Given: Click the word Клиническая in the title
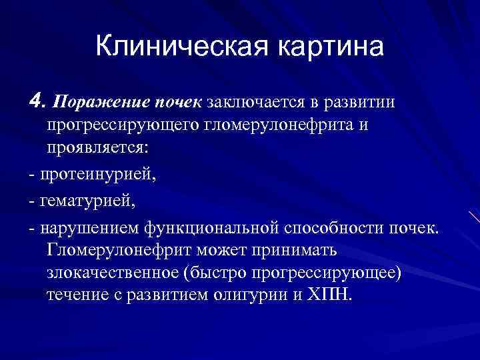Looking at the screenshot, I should [174, 47].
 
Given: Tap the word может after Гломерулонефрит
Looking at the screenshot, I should [207, 251].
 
